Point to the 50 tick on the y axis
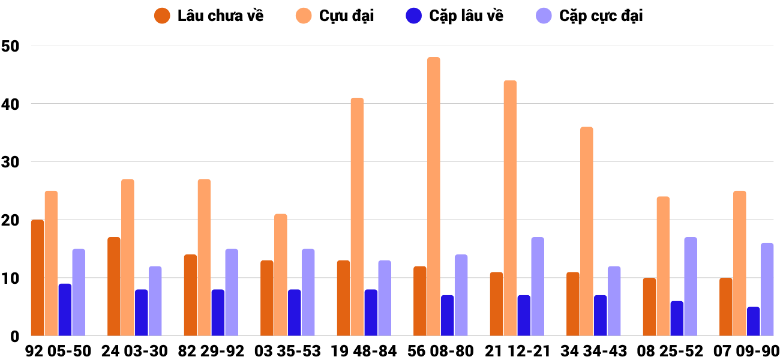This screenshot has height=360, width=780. (11, 46)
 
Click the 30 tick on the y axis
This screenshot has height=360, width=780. (11, 162)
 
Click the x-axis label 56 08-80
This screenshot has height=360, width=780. (440, 351)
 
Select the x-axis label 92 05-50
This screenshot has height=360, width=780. (58, 351)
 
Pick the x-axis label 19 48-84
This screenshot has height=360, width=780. (364, 351)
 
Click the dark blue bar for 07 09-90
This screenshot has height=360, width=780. (753, 322)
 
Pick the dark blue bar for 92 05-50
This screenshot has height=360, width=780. (65, 310)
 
